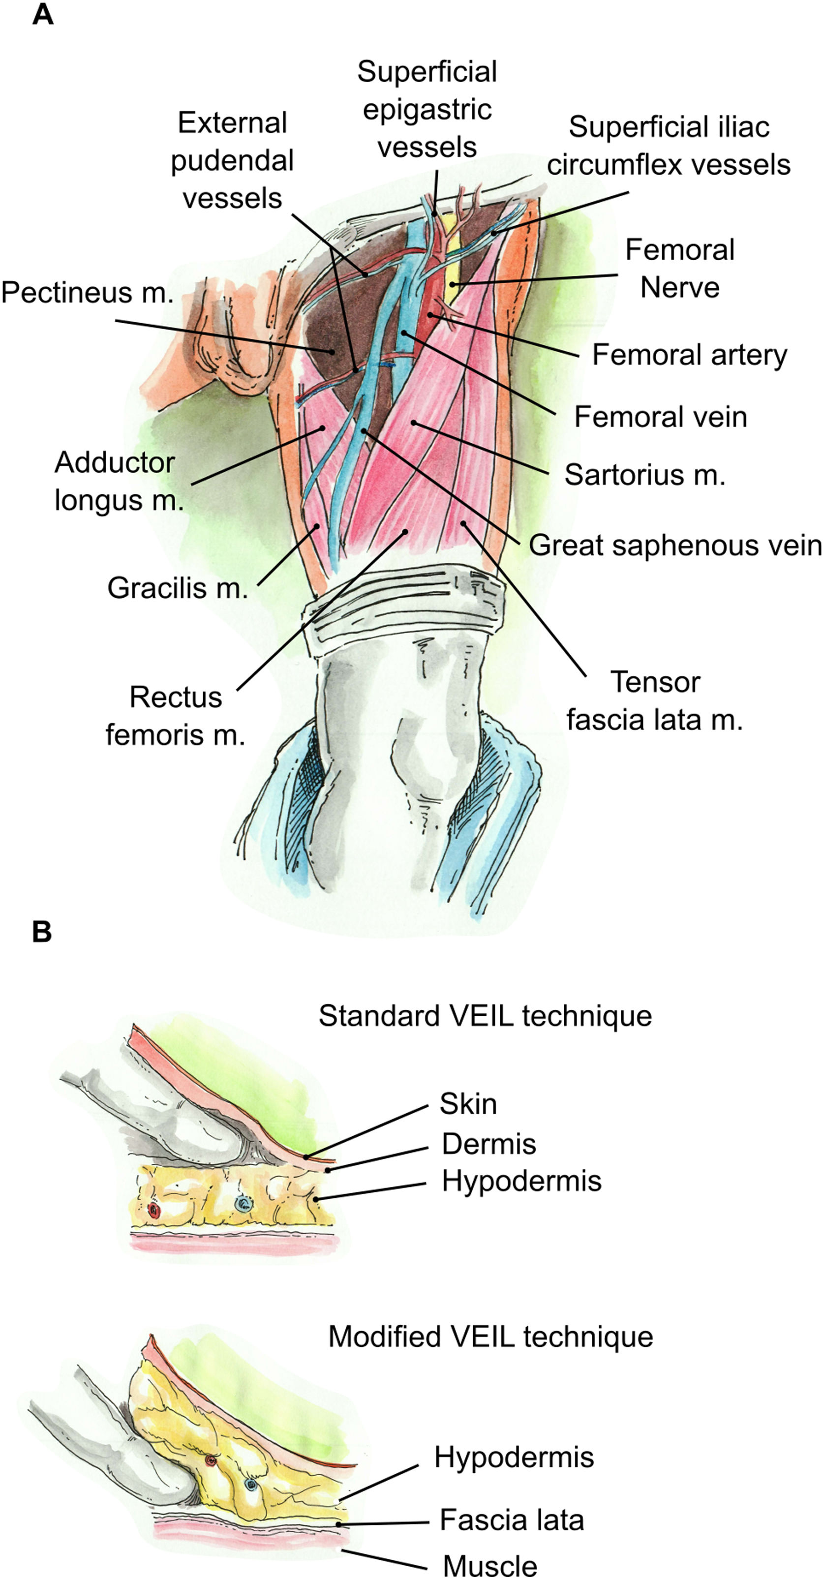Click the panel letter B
point(42,932)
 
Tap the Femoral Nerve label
point(680,269)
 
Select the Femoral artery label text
point(690,355)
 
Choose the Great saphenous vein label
point(675,545)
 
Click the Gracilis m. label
point(178,588)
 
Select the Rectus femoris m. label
point(175,716)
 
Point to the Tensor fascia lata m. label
point(655,700)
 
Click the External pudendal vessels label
point(232,160)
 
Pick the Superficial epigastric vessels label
point(427,109)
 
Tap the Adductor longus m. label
point(119,481)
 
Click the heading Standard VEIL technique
point(485,1016)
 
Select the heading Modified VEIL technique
point(490,1336)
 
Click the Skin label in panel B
point(468,1104)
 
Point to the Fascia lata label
point(511,1519)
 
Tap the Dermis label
point(488,1144)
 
